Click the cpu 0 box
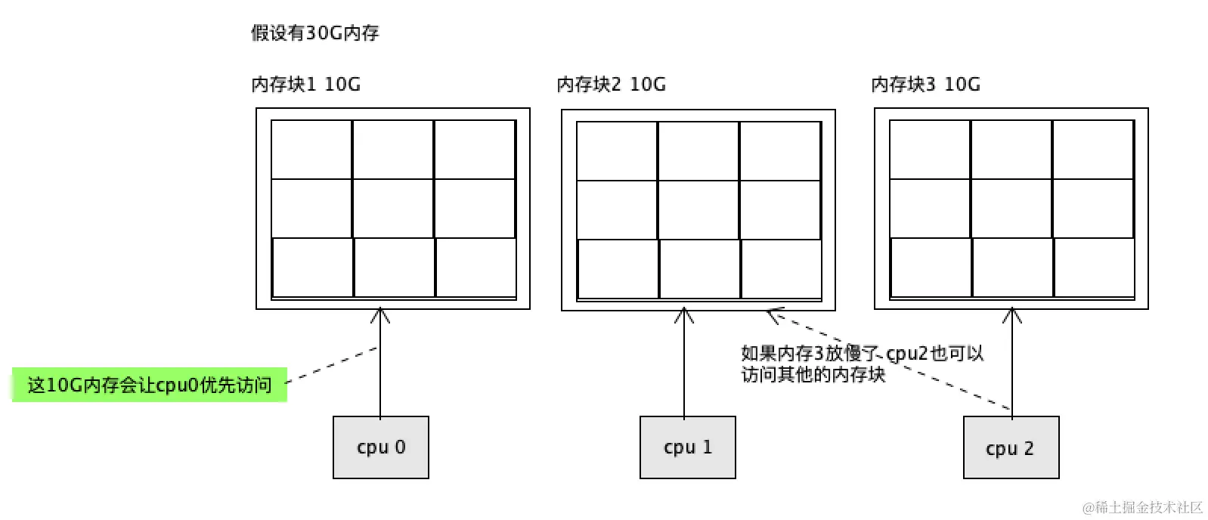(x=381, y=447)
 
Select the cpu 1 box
(x=687, y=447)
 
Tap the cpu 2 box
(x=1011, y=447)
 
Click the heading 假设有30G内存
(x=314, y=33)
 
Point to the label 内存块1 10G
(x=305, y=84)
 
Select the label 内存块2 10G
(x=611, y=84)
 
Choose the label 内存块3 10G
(x=925, y=84)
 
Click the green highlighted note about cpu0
(x=150, y=385)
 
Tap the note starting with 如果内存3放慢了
(x=862, y=364)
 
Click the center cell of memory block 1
(x=393, y=209)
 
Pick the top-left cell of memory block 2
(x=617, y=150)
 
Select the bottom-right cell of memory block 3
(x=1094, y=268)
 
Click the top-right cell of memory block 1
(x=475, y=150)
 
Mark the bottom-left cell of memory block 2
(x=618, y=268)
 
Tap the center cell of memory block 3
(x=1011, y=209)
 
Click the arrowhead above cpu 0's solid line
(x=380, y=314)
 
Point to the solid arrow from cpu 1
(x=684, y=363)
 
